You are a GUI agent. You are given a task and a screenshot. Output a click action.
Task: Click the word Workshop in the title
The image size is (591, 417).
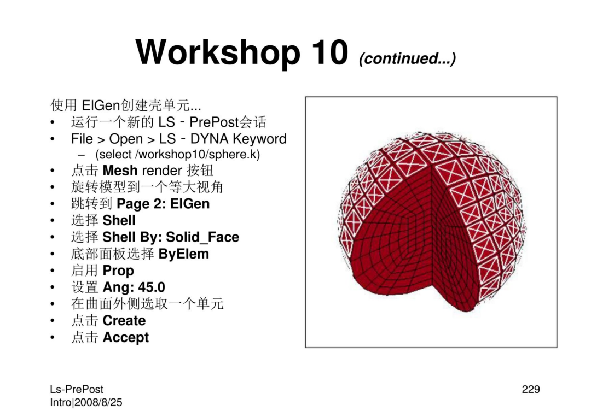(218, 53)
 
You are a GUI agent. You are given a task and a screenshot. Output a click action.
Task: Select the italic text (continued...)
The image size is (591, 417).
(408, 58)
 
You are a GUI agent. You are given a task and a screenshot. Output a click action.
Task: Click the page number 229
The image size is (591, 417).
(531, 389)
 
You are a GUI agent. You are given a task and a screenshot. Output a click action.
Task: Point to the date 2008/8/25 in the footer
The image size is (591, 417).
(99, 402)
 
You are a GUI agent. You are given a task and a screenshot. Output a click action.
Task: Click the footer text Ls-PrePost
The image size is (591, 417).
(77, 390)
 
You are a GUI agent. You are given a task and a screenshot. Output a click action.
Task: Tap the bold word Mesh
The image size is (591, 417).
(120, 171)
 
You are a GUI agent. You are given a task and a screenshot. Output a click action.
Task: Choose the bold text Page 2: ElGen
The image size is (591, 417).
(163, 204)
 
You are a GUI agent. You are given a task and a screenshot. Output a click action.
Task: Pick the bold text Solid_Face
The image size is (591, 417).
(202, 237)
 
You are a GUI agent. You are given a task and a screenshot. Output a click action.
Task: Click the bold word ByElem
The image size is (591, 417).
(183, 254)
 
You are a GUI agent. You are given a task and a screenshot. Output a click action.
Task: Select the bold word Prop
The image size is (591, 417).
(118, 271)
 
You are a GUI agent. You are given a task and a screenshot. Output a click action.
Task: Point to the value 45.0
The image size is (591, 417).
(152, 287)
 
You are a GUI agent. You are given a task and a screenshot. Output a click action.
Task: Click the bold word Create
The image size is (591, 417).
(124, 321)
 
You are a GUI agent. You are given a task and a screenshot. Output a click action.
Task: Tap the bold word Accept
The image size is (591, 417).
(125, 338)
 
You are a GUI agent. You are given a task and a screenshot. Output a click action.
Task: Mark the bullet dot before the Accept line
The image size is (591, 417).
(53, 338)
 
